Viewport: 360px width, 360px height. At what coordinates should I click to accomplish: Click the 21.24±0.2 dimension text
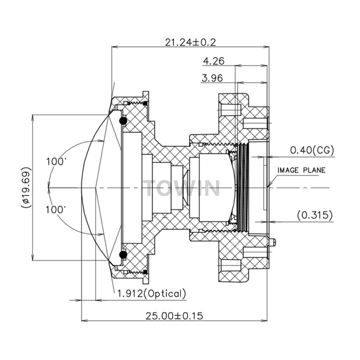190,42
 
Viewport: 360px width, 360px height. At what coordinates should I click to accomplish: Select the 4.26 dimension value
214,61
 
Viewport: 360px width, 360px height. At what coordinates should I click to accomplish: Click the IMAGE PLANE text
301,170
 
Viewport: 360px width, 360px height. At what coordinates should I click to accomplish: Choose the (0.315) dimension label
315,215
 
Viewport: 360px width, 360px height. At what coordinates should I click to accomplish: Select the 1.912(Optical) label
151,294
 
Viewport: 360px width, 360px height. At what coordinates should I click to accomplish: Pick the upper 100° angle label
56,162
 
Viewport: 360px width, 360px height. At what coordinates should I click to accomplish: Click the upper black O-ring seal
122,121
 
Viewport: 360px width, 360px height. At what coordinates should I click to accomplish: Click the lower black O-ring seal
122,255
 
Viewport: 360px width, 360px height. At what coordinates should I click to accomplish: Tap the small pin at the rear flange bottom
273,242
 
